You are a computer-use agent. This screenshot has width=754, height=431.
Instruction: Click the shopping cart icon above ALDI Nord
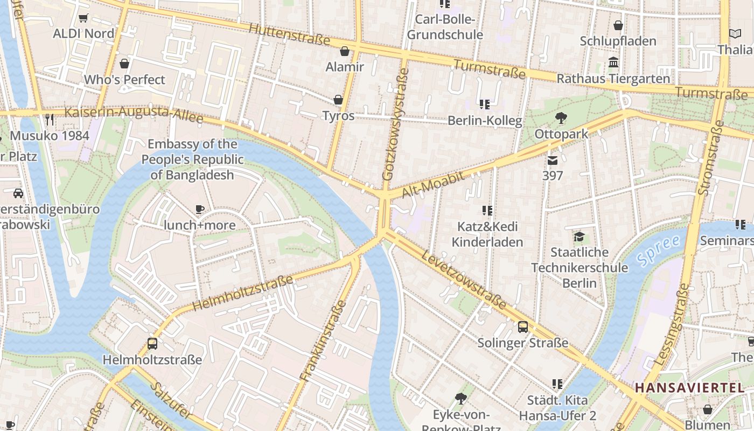tap(83, 18)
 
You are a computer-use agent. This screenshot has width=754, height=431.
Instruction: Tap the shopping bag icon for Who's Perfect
tap(124, 64)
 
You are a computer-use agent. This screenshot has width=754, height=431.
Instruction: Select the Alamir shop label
tap(345, 67)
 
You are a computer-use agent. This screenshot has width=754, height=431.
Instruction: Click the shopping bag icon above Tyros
tap(338, 100)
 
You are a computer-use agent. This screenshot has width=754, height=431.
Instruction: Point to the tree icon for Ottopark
tap(561, 117)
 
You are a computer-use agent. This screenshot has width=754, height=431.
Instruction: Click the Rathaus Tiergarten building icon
tap(613, 62)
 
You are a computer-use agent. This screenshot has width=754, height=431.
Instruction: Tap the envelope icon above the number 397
tap(553, 160)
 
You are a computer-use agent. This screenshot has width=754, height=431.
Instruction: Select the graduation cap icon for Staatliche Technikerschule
tap(579, 237)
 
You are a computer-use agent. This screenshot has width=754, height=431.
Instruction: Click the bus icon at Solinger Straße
tap(522, 327)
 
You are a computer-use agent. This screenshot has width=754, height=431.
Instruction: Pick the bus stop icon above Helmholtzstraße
tap(152, 344)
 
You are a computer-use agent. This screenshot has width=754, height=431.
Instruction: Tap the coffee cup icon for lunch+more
tap(200, 210)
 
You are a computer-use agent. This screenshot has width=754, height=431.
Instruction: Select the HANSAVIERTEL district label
tap(689, 387)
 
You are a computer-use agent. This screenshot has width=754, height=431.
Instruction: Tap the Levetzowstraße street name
tap(464, 280)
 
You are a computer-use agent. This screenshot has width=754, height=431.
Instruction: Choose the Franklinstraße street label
tap(323, 340)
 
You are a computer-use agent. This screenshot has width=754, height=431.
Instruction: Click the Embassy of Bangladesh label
tap(192, 159)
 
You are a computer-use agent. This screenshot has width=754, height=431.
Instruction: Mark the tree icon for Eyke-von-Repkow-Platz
tap(460, 399)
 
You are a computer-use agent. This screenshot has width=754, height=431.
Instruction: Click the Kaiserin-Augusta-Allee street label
tap(134, 115)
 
